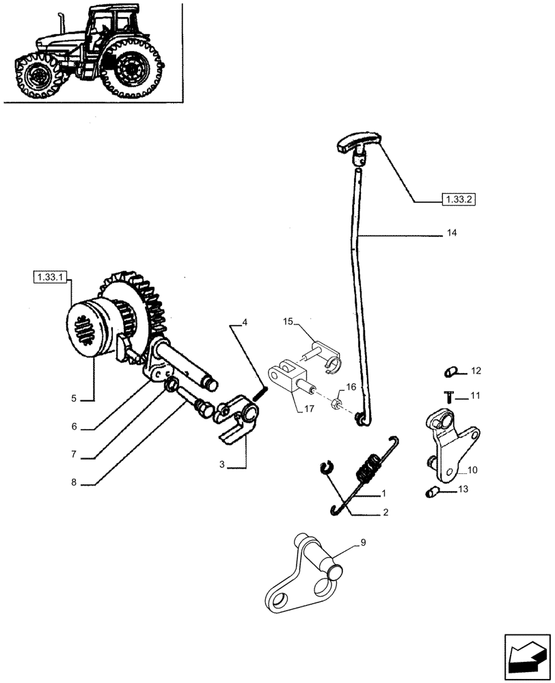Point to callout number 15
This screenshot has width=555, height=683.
pos(288,321)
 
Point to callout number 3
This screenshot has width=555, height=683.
pos(222,464)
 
